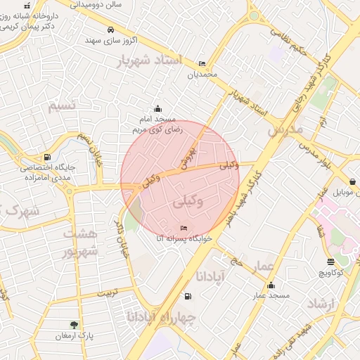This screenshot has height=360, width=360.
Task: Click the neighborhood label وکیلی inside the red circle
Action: [190, 202]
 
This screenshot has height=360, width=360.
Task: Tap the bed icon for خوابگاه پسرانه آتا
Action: [184, 228]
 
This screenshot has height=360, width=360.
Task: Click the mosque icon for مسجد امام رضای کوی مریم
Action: [157, 108]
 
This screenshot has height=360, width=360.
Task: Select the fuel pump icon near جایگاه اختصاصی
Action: [46, 157]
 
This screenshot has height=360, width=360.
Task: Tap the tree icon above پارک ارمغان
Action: [74, 324]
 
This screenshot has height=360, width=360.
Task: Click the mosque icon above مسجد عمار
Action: [271, 285]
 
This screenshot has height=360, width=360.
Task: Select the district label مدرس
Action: [285, 130]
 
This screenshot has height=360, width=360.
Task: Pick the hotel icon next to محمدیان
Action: [202, 63]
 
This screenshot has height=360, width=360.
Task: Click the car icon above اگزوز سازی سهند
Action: [110, 30]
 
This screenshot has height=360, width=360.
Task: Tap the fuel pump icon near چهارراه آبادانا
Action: [186, 297]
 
